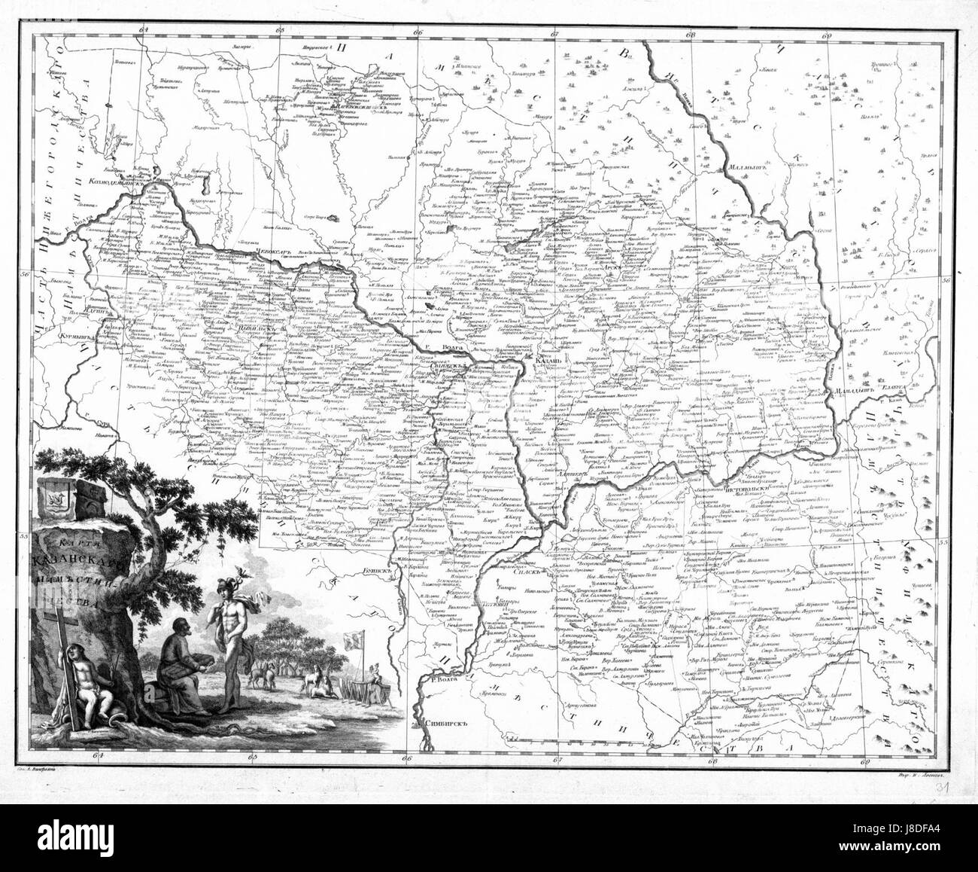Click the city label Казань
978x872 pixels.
tap(548, 361)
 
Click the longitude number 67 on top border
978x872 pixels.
tap(555, 32)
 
